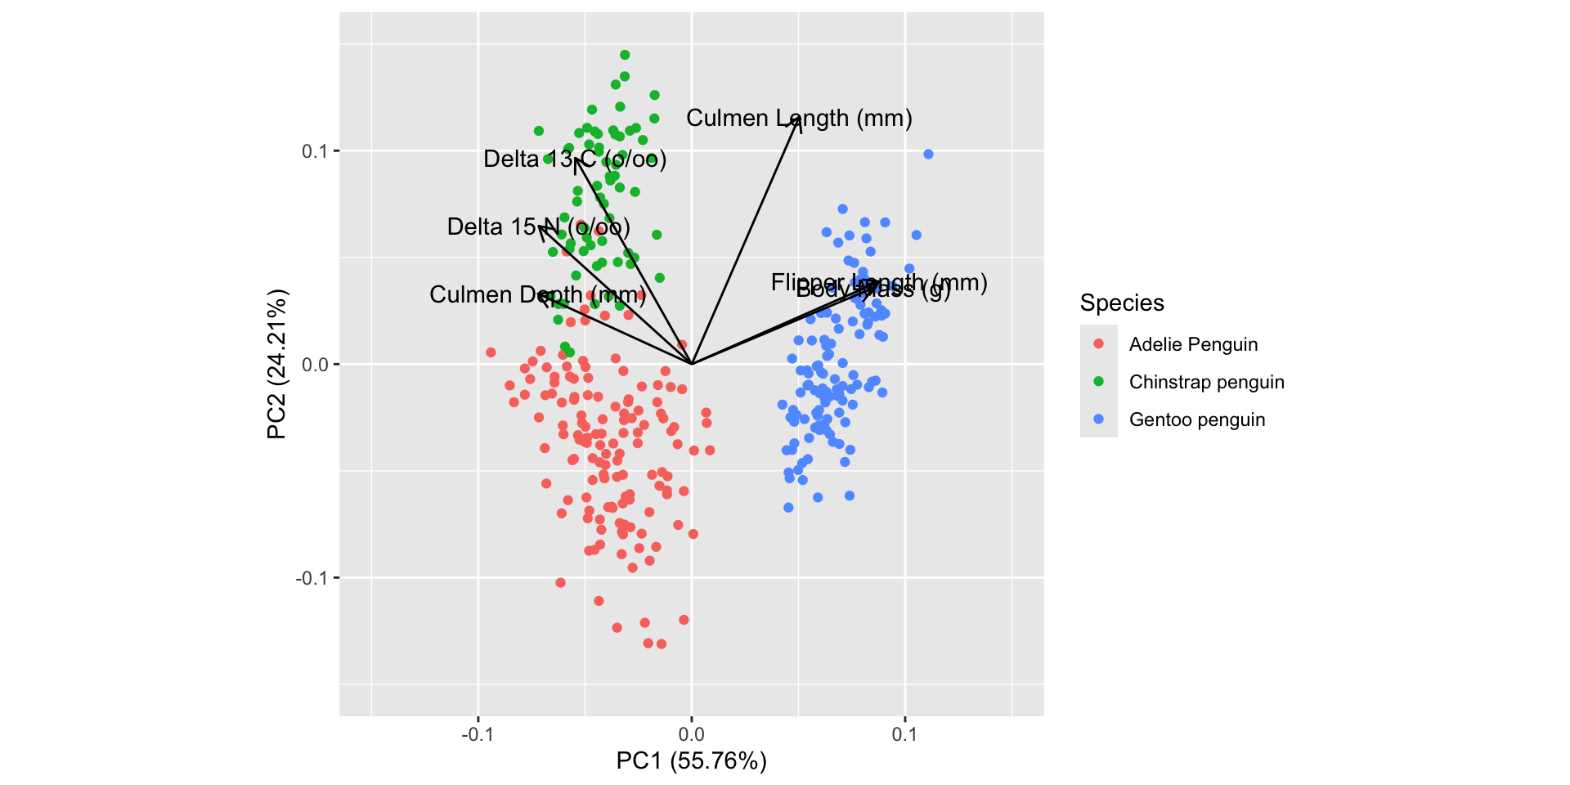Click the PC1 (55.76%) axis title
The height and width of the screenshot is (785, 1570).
[691, 761]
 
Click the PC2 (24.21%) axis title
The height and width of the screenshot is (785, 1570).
[277, 364]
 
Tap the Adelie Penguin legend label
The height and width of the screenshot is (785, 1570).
[1193, 344]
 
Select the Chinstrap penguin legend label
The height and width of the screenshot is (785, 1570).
[1206, 382]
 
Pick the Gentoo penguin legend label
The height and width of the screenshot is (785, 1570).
[1196, 419]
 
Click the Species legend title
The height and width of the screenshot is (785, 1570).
[1121, 303]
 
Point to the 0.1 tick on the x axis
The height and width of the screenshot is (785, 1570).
[905, 734]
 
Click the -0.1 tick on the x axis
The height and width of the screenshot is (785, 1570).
[478, 734]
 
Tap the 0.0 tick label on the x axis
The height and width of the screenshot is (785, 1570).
[692, 734]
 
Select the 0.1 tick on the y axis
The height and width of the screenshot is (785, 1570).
[315, 151]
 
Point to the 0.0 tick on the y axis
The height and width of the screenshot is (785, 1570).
[315, 365]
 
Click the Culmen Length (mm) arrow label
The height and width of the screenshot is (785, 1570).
[799, 119]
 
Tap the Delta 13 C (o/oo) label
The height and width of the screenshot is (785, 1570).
[575, 159]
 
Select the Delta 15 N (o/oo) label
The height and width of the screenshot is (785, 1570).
[538, 227]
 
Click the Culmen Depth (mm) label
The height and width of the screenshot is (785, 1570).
[537, 294]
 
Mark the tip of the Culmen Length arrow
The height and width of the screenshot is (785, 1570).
[799, 118]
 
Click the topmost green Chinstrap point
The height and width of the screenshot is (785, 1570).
[625, 55]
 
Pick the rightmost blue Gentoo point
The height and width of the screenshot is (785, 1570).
[928, 155]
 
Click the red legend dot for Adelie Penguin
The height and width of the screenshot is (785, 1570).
[1098, 344]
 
